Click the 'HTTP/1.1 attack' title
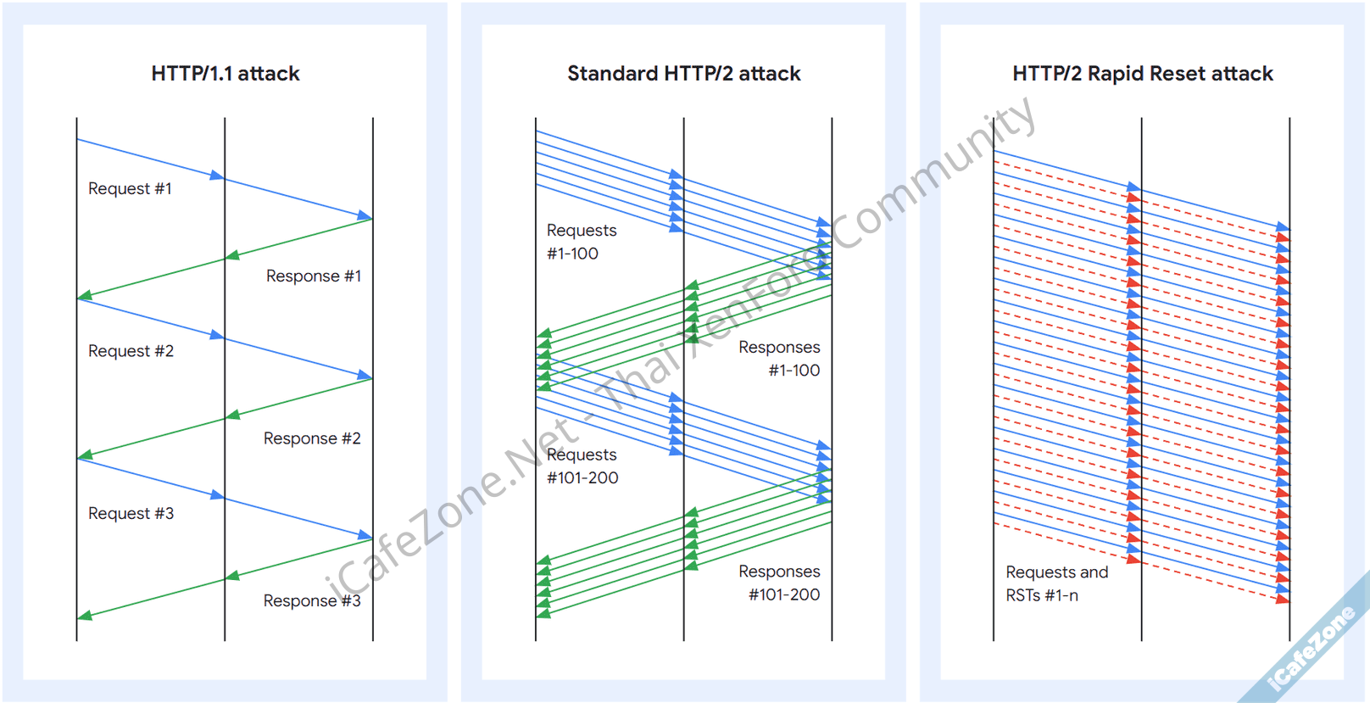tap(226, 74)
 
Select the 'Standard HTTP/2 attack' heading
tap(683, 74)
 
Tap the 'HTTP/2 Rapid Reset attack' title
tap(1142, 74)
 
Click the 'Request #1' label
tap(130, 188)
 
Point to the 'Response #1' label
tap(313, 276)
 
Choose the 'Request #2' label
tap(131, 351)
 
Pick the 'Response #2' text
tap(311, 438)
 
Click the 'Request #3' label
tap(131, 513)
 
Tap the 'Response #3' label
tap(311, 600)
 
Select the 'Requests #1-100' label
tap(581, 242)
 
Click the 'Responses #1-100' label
tap(780, 358)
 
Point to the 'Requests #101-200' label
tap(582, 466)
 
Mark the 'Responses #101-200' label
tap(780, 583)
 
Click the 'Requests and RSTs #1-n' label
tap(1056, 583)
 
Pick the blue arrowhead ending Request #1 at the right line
tap(365, 216)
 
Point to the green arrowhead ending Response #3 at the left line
tap(84, 616)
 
